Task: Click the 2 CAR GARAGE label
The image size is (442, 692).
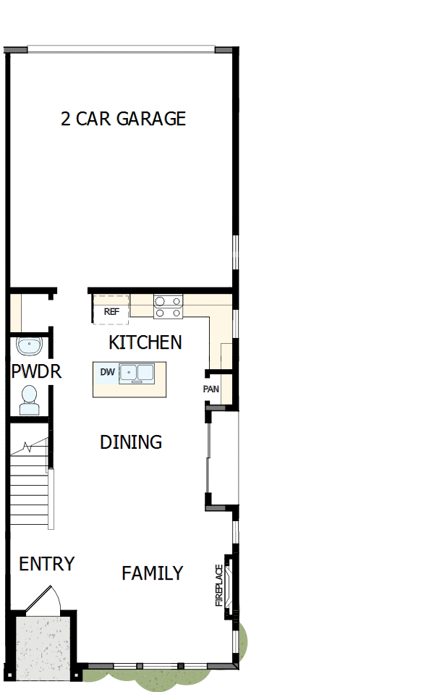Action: coord(123,119)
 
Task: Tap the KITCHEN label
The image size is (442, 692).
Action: coord(145,342)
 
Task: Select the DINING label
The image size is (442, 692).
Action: coord(130,442)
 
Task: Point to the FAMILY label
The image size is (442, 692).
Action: coord(152,573)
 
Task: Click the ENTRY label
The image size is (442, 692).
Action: coord(46,564)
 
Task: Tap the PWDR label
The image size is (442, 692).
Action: coord(36,372)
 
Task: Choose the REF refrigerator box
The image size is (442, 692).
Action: coord(111,311)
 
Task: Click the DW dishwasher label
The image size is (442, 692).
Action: coord(107,373)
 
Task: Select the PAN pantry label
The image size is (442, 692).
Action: coord(211,389)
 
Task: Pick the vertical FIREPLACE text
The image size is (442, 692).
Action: coord(218,585)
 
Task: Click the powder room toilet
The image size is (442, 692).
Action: coord(30,399)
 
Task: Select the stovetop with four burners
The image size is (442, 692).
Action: coord(168,307)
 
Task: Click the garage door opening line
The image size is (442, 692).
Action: coord(121,50)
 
